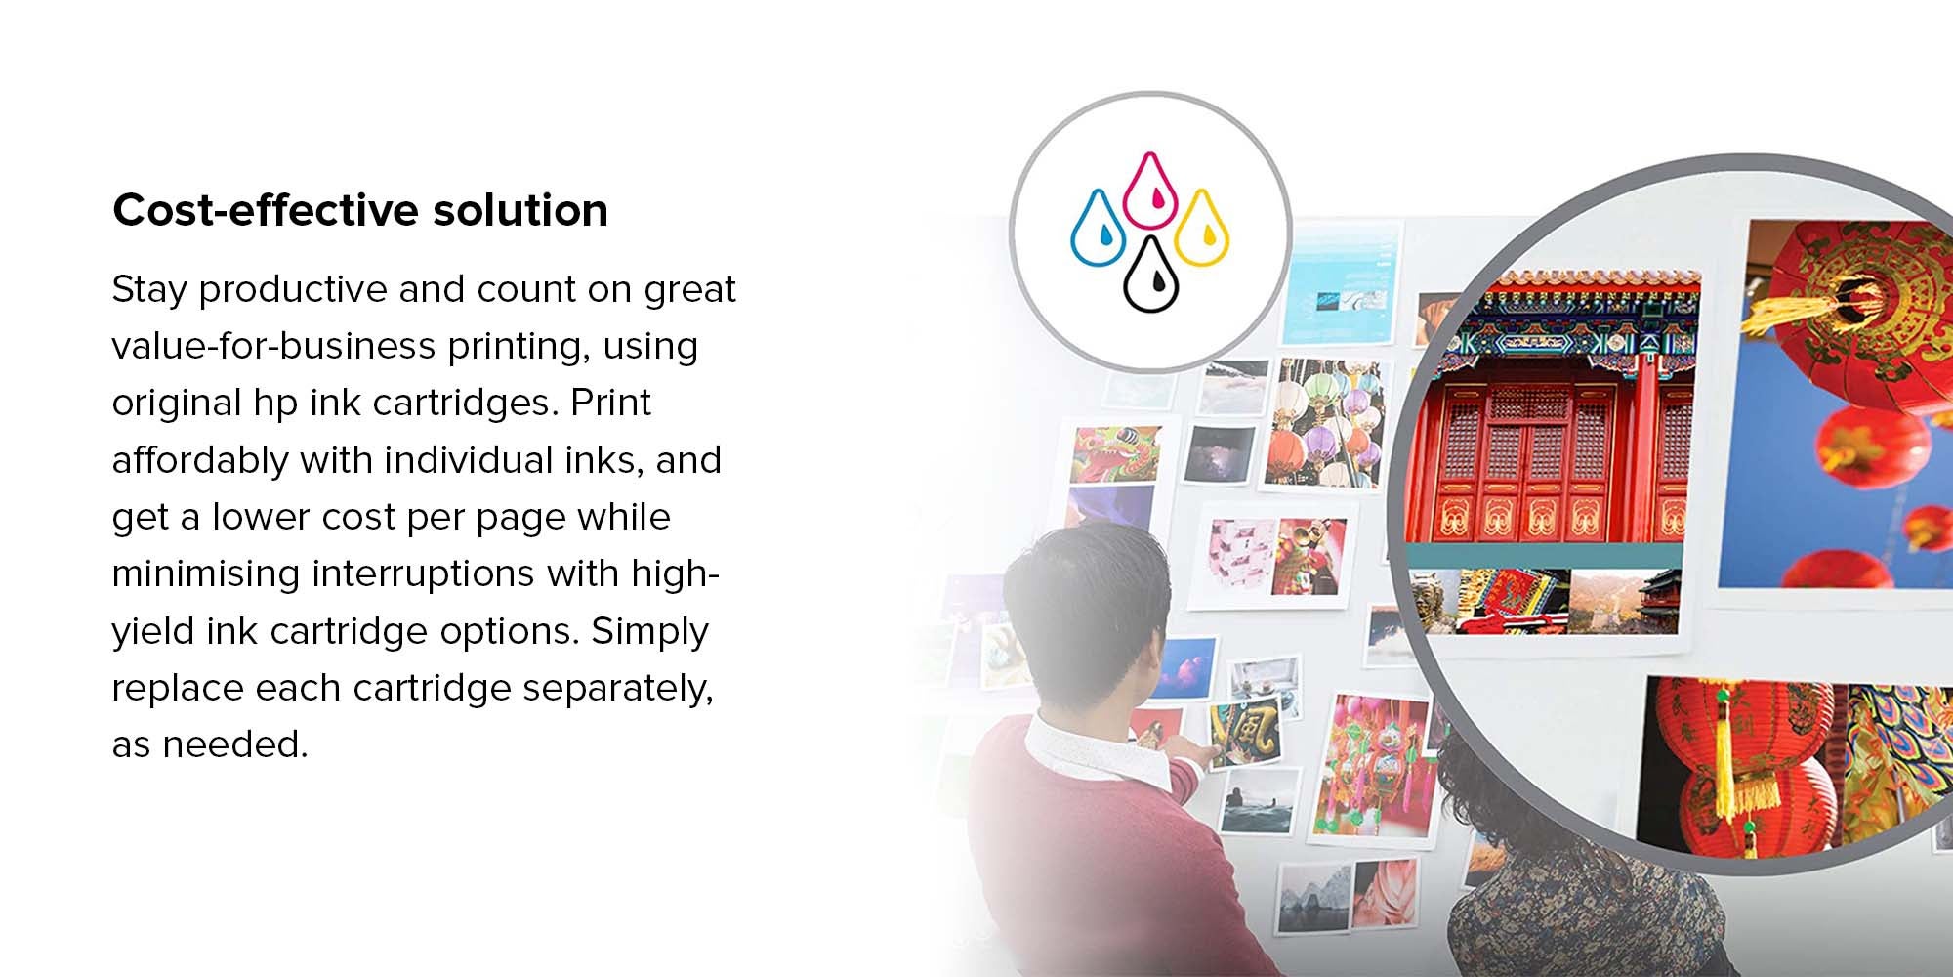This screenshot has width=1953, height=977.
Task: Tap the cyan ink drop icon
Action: coord(1099,228)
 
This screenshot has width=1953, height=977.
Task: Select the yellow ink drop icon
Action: coord(1201,228)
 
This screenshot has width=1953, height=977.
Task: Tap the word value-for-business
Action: coord(272,347)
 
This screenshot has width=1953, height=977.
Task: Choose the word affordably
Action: coord(200,460)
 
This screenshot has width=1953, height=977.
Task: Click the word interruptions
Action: coord(423,573)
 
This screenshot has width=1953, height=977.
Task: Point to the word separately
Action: coord(618,689)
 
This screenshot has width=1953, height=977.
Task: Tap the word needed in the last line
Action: coord(235,745)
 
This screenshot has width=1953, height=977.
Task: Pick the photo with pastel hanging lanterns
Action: coord(1325,422)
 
